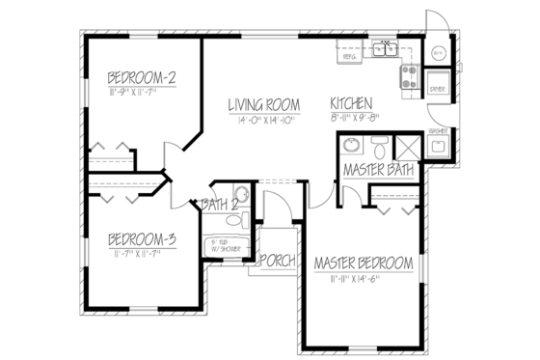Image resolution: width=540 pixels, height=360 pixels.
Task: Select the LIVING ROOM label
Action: [x=263, y=104]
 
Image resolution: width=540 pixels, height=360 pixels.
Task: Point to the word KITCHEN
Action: [x=353, y=104]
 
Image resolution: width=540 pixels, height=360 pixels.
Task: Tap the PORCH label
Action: [x=278, y=261]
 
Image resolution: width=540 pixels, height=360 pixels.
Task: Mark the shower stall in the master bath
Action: [x=406, y=150]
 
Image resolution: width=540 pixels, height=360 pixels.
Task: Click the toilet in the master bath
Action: [x=380, y=151]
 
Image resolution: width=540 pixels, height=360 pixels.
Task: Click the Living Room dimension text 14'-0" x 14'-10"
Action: [x=263, y=119]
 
